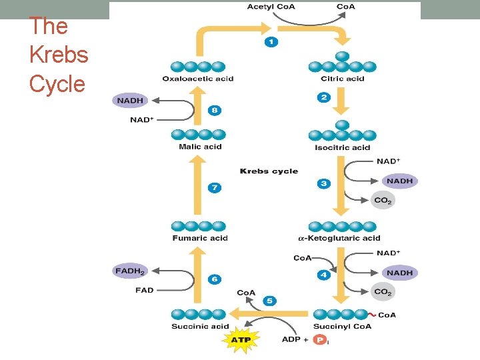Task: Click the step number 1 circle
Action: click(x=271, y=41)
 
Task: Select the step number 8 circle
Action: click(x=214, y=111)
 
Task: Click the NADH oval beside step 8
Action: click(x=131, y=101)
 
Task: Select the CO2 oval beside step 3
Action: click(x=383, y=200)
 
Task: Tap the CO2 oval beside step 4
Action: click(x=383, y=291)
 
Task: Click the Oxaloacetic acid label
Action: click(x=198, y=79)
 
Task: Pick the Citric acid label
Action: click(x=342, y=79)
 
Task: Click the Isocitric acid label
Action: click(x=342, y=147)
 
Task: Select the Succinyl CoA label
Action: click(x=342, y=327)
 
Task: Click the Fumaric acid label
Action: click(x=200, y=238)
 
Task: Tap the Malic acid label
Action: click(x=200, y=147)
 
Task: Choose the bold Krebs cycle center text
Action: click(x=269, y=171)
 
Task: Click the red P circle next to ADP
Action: click(x=321, y=340)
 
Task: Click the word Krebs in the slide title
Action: click(x=59, y=55)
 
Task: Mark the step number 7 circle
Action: click(x=214, y=188)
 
